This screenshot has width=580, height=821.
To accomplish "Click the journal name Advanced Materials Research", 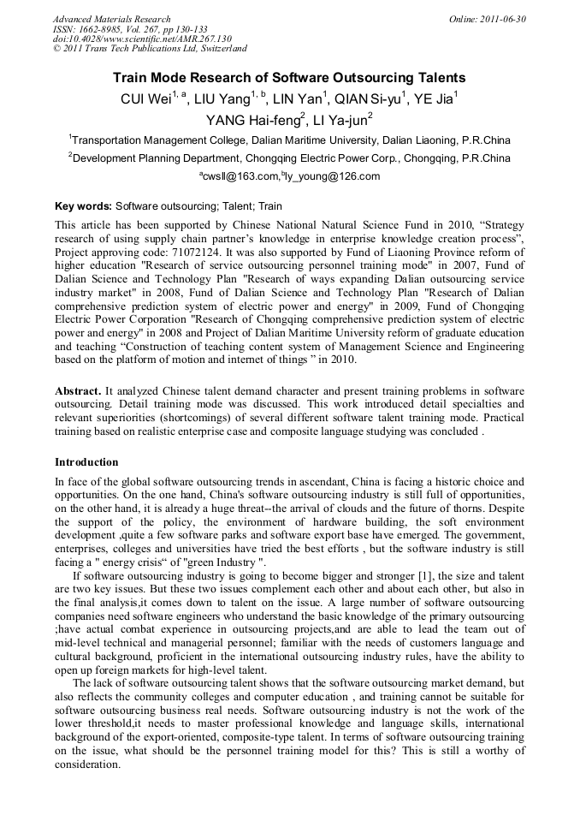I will pyautogui.click(x=111, y=19).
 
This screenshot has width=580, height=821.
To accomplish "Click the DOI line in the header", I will pyautogui.click(x=142, y=39).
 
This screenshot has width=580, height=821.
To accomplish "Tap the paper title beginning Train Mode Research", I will pyautogui.click(x=289, y=78).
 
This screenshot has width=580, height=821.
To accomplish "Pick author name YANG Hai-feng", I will pyautogui.click(x=252, y=120).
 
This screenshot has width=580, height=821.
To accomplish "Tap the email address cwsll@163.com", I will pyautogui.click(x=241, y=176).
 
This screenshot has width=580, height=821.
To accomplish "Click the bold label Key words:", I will pyautogui.click(x=83, y=206).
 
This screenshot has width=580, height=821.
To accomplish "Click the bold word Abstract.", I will pyautogui.click(x=77, y=390).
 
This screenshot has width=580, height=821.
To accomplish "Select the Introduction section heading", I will pyautogui.click(x=86, y=462).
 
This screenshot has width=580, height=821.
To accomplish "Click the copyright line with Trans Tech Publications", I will pyautogui.click(x=151, y=49).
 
